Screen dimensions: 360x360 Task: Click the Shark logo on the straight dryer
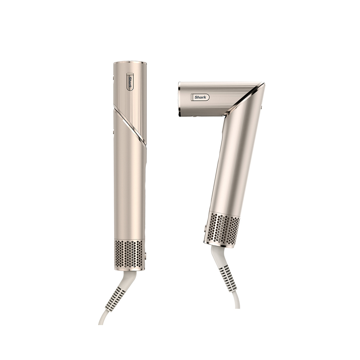130,82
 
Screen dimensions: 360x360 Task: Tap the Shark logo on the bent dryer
200,97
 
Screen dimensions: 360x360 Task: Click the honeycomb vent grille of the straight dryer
129,254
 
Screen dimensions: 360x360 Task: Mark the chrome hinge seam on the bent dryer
245,99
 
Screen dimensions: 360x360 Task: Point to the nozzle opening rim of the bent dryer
180,99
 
